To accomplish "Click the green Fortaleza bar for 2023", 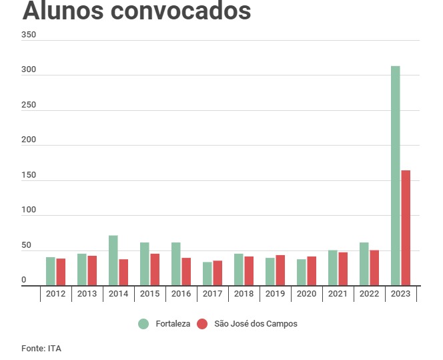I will pyautogui.click(x=396, y=176).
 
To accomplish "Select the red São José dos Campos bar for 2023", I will pyautogui.click(x=406, y=228).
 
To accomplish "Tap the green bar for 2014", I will pyautogui.click(x=113, y=260).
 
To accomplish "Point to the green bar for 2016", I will pyautogui.click(x=176, y=264).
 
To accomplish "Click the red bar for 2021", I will pyautogui.click(x=343, y=268).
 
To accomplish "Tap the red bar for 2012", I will pyautogui.click(x=61, y=272).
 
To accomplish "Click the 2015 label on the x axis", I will pyautogui.click(x=149, y=294).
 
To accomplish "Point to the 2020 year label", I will pyautogui.click(x=306, y=294).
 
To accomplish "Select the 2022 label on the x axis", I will pyautogui.click(x=369, y=294).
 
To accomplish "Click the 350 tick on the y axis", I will pyautogui.click(x=28, y=35).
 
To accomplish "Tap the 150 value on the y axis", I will pyautogui.click(x=28, y=175).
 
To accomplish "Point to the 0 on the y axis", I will pyautogui.click(x=24, y=281).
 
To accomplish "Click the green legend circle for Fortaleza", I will pyautogui.click(x=143, y=324).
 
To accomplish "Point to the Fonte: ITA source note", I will pyautogui.click(x=41, y=348).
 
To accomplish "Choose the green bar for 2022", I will pyautogui.click(x=364, y=264).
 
